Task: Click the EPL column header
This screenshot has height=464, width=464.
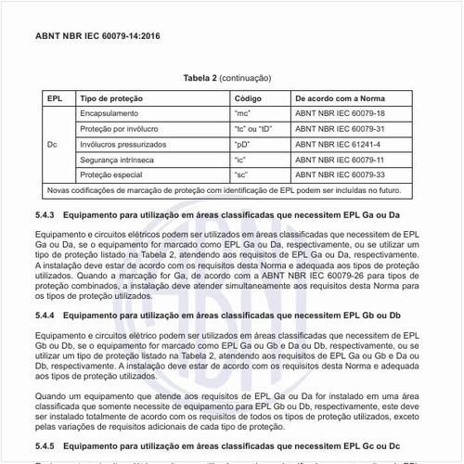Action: (55, 97)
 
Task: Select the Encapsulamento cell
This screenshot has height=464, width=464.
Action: (111, 113)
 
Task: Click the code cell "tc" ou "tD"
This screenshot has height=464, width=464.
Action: (255, 129)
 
